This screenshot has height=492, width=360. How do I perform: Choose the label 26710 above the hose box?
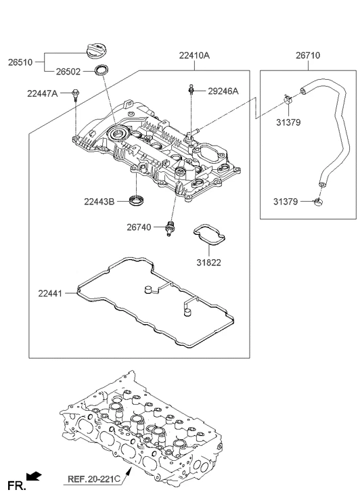coord(308,55)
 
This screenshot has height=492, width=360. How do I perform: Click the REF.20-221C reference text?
coord(93,481)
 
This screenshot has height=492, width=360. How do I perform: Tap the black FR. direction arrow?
coord(33,476)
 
